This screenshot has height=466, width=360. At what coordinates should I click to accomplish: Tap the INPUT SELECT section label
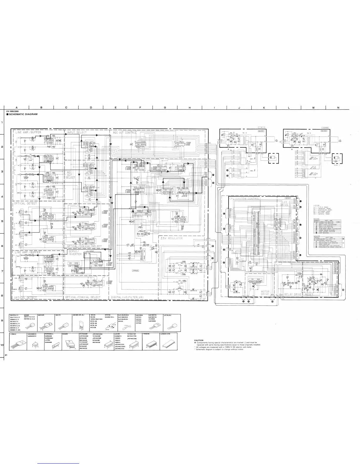77,133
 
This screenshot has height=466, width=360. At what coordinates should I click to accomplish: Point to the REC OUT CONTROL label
125,133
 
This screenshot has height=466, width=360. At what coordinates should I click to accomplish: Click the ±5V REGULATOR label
172,238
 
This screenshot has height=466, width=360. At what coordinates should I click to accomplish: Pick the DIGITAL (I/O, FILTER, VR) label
132,297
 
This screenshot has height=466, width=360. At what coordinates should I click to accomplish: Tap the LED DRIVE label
285,204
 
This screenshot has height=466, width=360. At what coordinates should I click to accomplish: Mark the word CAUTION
199,340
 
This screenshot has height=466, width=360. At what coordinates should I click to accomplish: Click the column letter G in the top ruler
165,107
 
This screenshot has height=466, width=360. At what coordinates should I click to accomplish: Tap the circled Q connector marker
272,302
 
